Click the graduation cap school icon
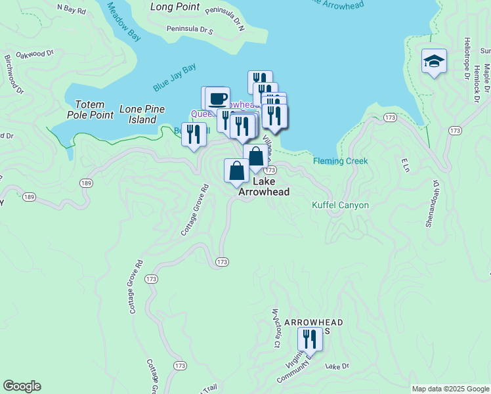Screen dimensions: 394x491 pyautogui.click(x=434, y=62)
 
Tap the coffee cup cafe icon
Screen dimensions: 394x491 pyautogui.click(x=217, y=99)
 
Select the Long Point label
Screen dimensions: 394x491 pyautogui.click(x=175, y=7)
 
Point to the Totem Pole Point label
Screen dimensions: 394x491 pyautogui.click(x=90, y=109)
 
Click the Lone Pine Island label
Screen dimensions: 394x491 pyautogui.click(x=142, y=114)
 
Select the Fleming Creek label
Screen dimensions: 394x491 pyautogui.click(x=340, y=161)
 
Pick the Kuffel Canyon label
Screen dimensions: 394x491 pyautogui.click(x=340, y=205)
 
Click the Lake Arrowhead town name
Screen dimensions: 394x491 pyautogui.click(x=263, y=186)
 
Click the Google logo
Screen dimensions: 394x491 pyautogui.click(x=22, y=386)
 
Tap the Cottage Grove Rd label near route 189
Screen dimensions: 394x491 pyautogui.click(x=195, y=210)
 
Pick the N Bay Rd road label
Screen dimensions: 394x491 pyautogui.click(x=72, y=10)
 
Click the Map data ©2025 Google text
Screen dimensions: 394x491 pyautogui.click(x=450, y=389)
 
